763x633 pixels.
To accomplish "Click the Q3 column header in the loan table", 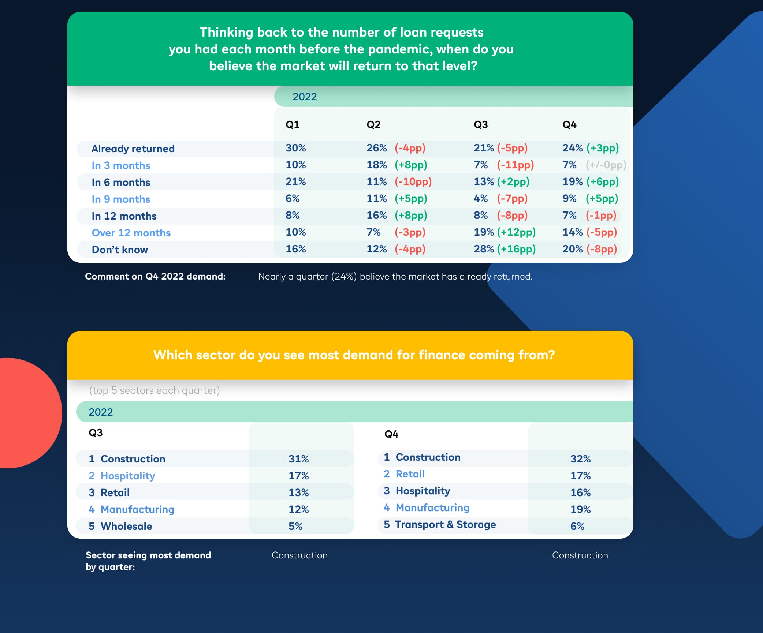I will pos(481,125).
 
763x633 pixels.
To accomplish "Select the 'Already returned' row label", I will pos(133,149).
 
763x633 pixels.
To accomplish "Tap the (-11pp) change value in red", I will pos(515,165).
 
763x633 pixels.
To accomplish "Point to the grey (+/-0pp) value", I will pos(606,165).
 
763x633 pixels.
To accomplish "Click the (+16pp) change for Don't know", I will pos(516,249).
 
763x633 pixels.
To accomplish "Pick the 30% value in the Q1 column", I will pos(295,148).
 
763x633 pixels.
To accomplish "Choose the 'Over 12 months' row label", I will pos(131,233).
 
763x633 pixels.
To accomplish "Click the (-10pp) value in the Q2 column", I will pos(413,182).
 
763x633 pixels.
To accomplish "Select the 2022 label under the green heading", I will pos(304,97).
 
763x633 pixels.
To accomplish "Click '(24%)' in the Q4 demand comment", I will pos(344,277).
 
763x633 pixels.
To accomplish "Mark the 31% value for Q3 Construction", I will pos(298,459).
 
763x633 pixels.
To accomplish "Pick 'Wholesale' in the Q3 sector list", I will pos(126,526).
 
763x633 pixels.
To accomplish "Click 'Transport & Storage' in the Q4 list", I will pos(445,525).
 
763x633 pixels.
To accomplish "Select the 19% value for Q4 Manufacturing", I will pos(580,509).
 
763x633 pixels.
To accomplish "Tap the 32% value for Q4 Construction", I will pos(580,459).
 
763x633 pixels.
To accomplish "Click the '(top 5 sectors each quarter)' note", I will pos(155,390).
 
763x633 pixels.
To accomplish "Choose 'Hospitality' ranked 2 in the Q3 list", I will pos(128,476).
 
